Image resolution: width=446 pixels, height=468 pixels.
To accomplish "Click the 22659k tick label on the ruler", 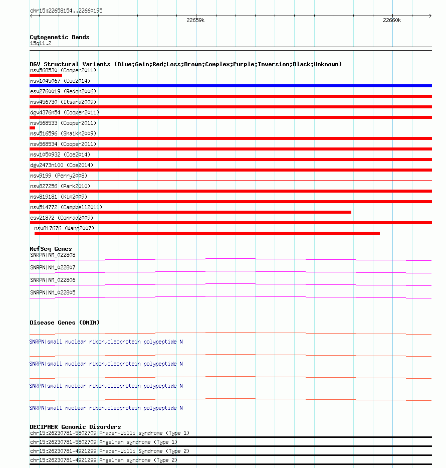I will point(195,21).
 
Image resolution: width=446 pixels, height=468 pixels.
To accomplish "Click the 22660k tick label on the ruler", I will point(392,21).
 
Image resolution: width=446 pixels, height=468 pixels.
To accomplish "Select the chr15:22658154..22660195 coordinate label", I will point(67,11).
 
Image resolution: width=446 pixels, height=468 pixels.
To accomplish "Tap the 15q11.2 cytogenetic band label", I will point(41,43).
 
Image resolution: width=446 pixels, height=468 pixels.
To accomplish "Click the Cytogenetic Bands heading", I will point(59,37).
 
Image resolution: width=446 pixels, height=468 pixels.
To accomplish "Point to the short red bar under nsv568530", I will point(46,75).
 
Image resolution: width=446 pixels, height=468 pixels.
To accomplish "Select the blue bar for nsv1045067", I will point(231,86).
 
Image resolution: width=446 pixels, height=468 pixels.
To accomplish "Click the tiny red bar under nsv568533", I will point(33,128).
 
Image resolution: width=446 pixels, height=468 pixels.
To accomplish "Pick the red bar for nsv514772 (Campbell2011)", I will point(190,212).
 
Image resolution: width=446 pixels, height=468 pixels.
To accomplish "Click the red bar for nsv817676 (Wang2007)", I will point(207,233).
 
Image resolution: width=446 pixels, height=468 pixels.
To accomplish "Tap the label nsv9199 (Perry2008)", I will point(58,176).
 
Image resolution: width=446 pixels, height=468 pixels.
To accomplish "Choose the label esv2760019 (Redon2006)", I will point(63,91).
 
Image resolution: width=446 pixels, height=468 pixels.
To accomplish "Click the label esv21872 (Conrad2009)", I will point(62,218).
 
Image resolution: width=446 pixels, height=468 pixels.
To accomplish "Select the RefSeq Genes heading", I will point(51,249).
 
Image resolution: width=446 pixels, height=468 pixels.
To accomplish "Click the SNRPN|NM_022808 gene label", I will point(53,255).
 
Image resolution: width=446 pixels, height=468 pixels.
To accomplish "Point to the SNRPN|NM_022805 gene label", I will point(53,292).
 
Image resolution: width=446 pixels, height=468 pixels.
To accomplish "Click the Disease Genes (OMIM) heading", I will point(65,323).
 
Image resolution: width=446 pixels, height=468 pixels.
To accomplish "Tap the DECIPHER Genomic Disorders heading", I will point(75,427).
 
